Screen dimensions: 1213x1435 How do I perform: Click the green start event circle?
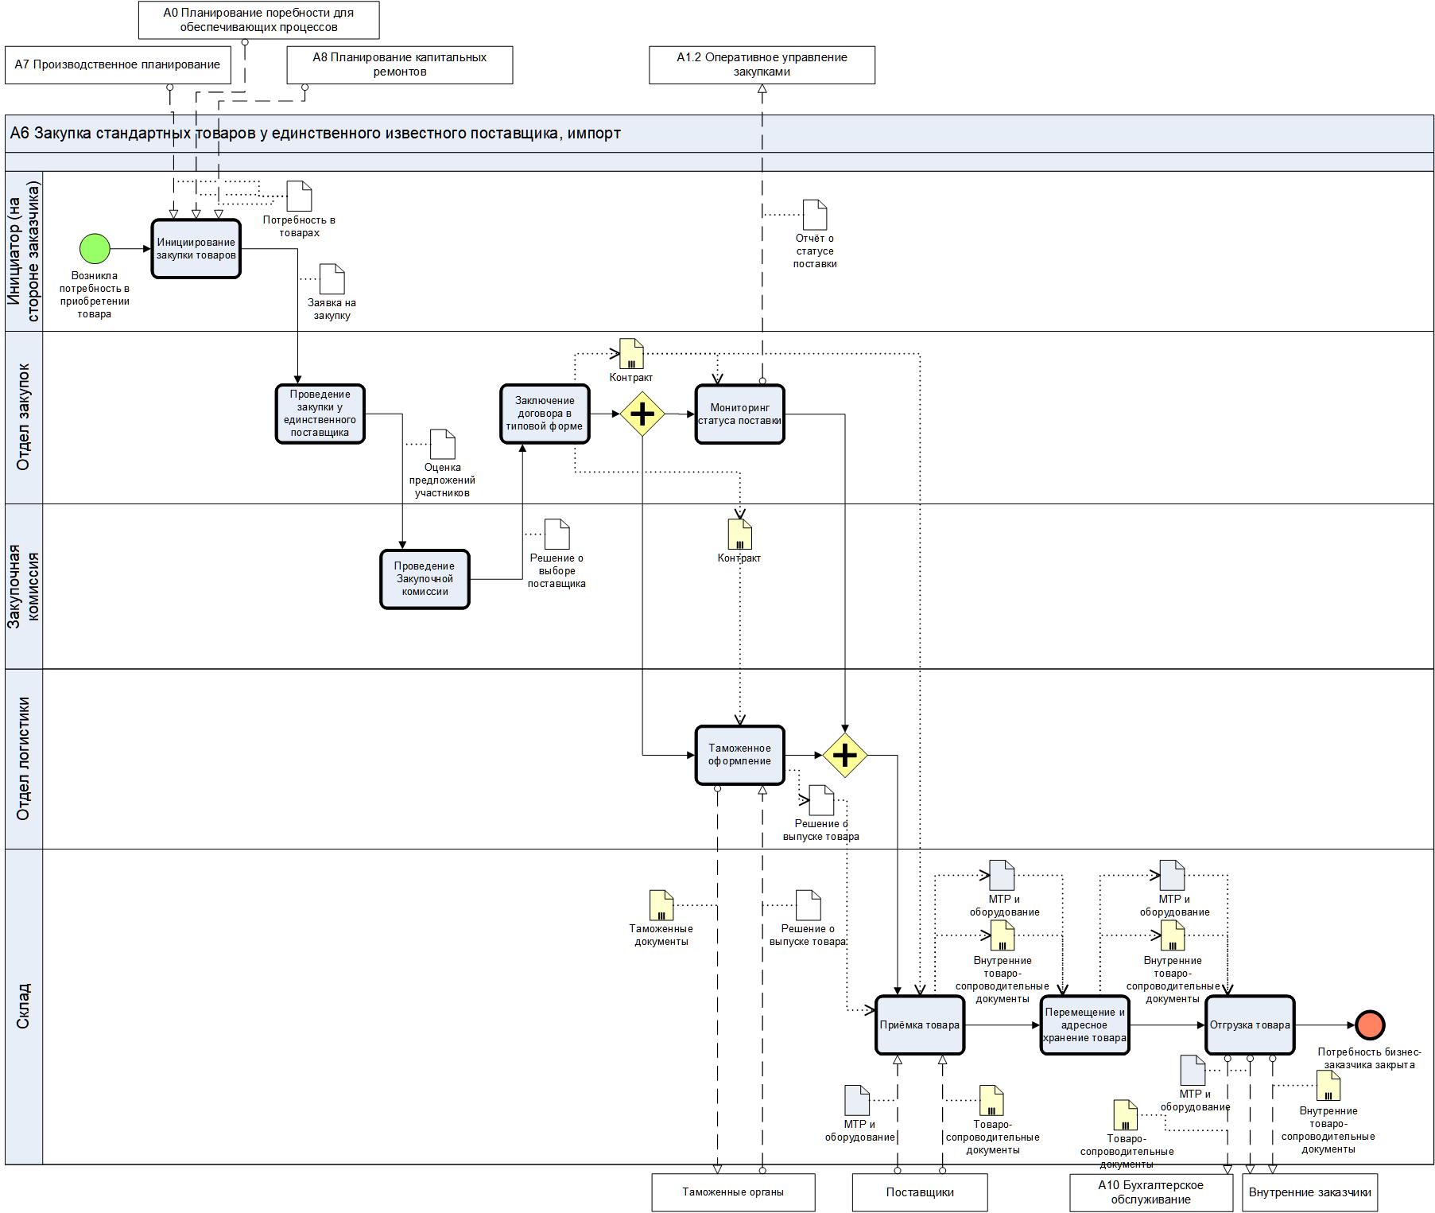coord(95,248)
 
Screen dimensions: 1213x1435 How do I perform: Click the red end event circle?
coord(1370,1024)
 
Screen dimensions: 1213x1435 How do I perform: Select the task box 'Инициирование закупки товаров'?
coord(196,249)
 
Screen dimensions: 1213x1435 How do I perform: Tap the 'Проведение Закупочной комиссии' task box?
coord(425,579)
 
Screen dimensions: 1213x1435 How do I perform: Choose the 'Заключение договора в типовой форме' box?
coord(545,414)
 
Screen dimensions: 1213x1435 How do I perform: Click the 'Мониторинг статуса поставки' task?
coord(739,414)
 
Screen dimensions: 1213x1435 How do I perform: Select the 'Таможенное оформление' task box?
coord(739,755)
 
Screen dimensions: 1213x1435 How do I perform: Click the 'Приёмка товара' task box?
coord(919,1024)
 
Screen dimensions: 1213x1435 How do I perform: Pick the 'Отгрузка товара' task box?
coord(1249,1024)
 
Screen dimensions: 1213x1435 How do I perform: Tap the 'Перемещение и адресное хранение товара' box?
coord(1084,1024)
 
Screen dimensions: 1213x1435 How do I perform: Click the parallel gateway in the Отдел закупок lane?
coord(642,414)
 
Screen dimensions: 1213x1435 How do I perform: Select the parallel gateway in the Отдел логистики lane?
coord(844,755)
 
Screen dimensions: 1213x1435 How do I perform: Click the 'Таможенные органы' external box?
coord(733,1192)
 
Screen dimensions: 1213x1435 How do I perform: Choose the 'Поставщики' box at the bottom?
coord(920,1192)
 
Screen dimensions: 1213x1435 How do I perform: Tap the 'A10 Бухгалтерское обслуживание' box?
coord(1150,1192)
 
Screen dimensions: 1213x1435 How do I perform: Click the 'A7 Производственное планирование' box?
coord(118,64)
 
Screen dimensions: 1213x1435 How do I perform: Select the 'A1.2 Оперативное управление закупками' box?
coord(762,64)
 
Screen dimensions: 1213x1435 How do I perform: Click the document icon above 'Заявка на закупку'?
coord(332,279)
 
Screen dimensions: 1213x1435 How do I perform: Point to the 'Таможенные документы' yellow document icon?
coord(661,905)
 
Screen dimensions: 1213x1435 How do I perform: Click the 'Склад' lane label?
coord(23,1006)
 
